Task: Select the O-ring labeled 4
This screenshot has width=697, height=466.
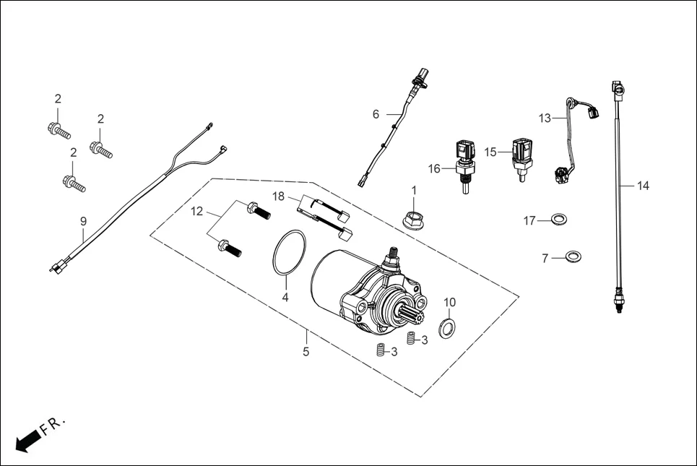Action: click(x=289, y=254)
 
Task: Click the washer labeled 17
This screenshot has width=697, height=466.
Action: click(x=557, y=220)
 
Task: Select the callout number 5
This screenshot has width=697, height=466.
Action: click(x=306, y=352)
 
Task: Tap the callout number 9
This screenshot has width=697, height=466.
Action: click(x=83, y=221)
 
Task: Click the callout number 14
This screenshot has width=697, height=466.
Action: click(x=643, y=186)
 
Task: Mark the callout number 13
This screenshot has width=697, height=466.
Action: click(x=544, y=117)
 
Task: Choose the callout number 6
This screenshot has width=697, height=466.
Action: click(x=376, y=114)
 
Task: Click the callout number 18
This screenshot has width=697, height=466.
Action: click(x=279, y=196)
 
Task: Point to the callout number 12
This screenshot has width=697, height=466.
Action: click(x=197, y=212)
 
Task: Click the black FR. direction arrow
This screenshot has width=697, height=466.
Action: click(x=26, y=441)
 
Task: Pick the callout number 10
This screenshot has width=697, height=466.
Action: click(x=449, y=301)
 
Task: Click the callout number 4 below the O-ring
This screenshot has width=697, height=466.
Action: click(x=285, y=298)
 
